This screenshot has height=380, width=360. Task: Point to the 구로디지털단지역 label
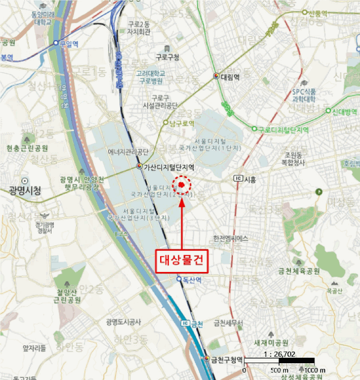pyautogui.click(x=283, y=130)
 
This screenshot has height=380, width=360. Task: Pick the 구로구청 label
pyautogui.click(x=167, y=57)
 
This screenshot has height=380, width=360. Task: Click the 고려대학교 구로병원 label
pyautogui.click(x=150, y=77)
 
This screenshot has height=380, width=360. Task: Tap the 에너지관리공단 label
pyautogui.click(x=128, y=152)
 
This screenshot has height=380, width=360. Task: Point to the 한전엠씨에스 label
pyautogui.click(x=231, y=238)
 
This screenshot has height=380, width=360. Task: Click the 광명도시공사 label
pyautogui.click(x=124, y=322)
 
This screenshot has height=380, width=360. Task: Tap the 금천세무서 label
pyautogui.click(x=228, y=323)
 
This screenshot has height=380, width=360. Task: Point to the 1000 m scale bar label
pyautogui.click(x=315, y=370)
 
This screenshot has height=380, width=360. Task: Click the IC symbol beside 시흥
pyautogui.click(x=238, y=179)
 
